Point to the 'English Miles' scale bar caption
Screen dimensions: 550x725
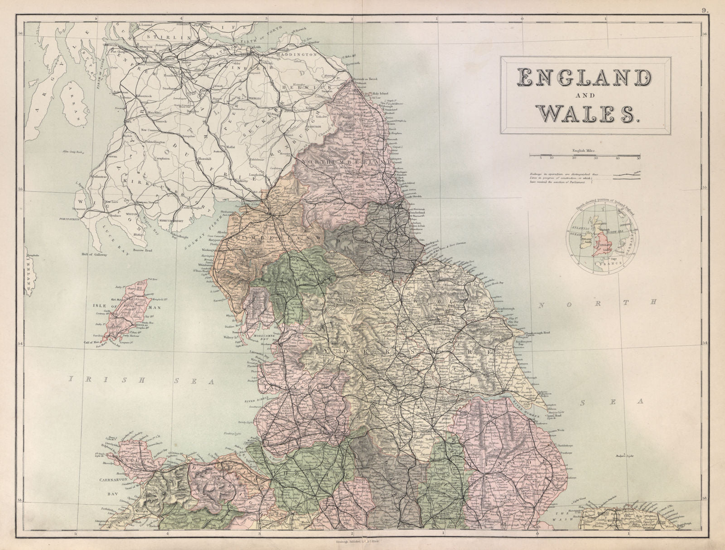585,150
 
